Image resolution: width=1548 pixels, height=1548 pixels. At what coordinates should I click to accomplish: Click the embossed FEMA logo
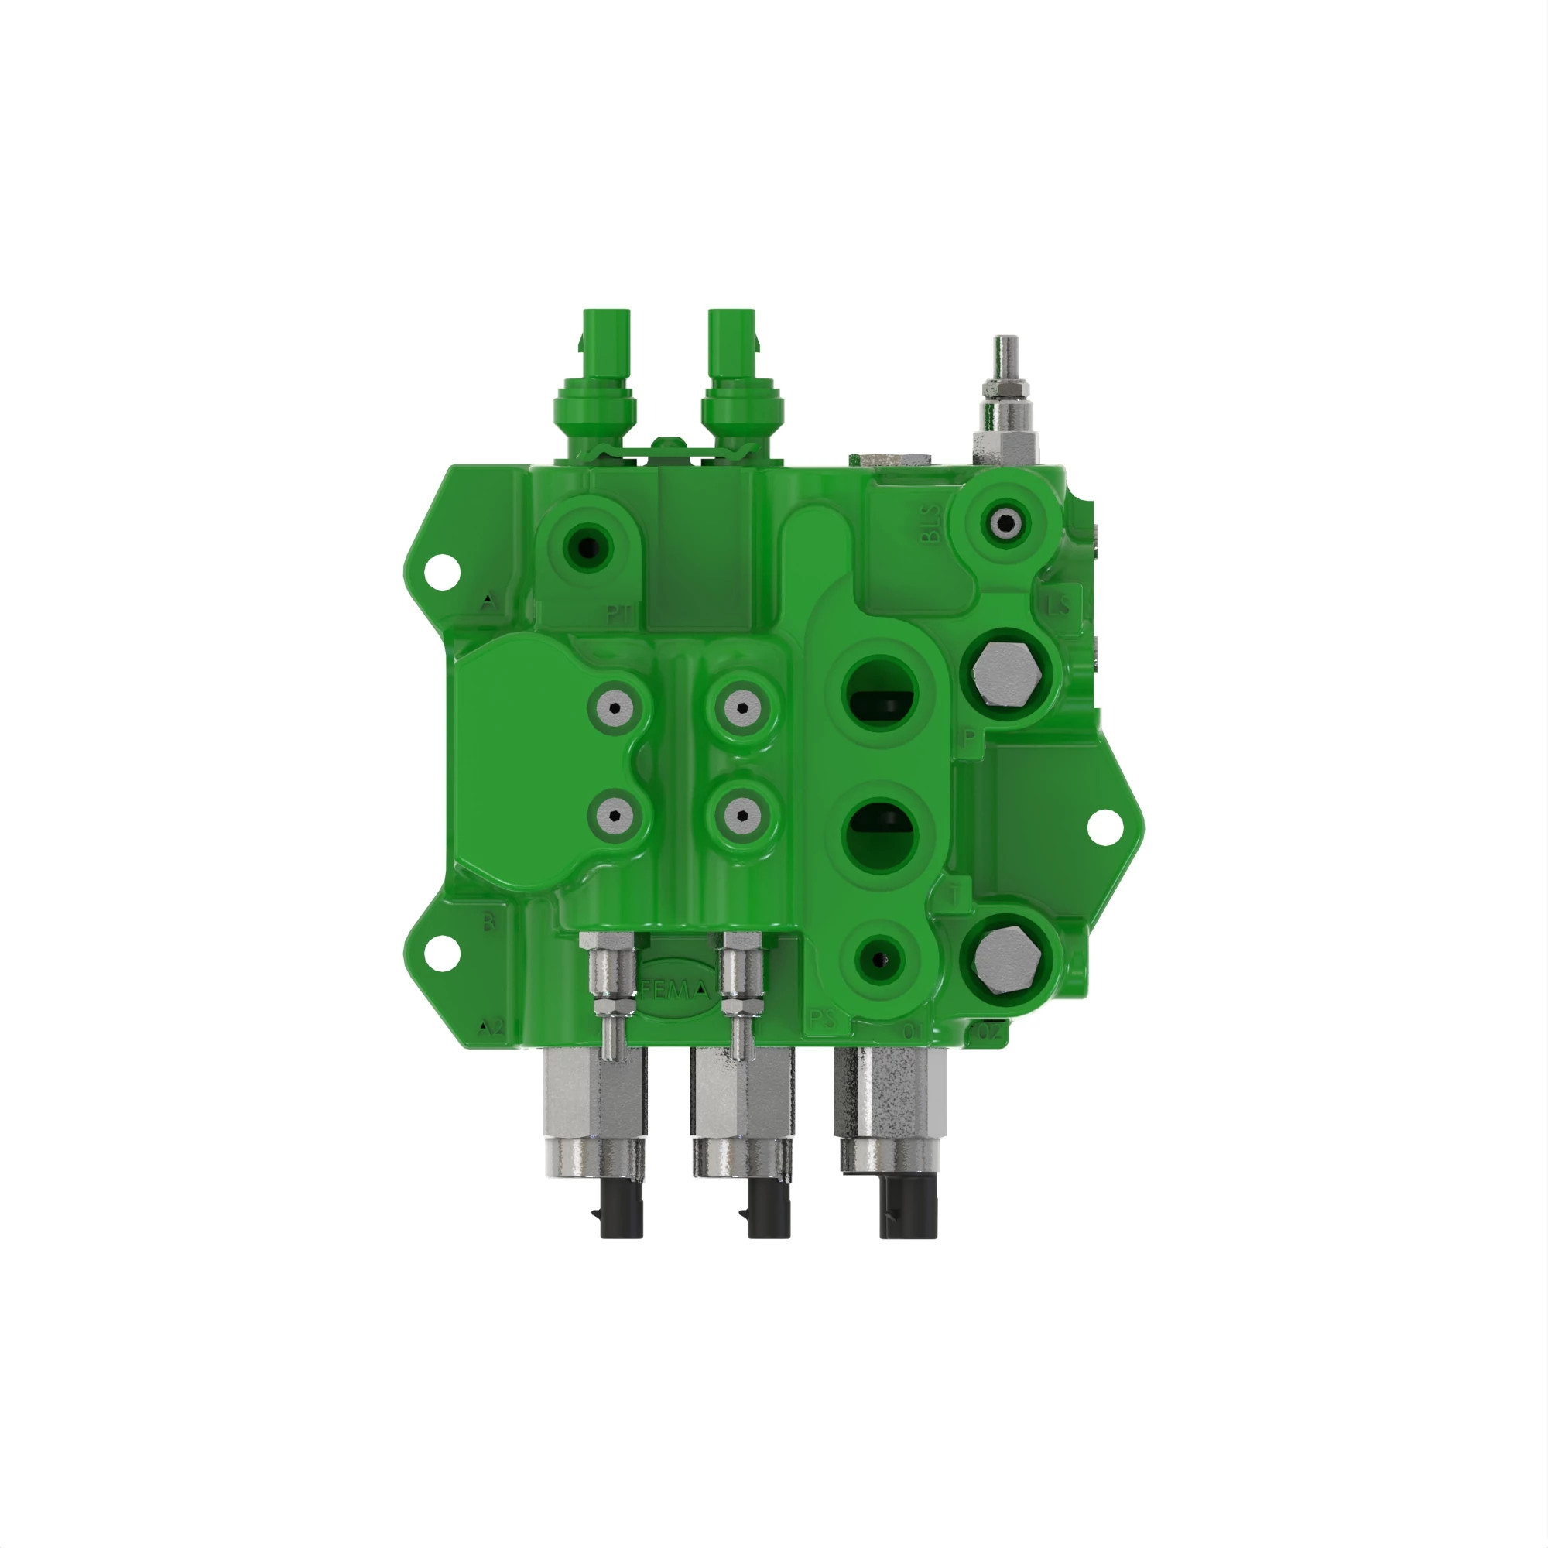(x=676, y=991)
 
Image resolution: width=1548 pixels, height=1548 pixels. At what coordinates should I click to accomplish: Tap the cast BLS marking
(x=930, y=523)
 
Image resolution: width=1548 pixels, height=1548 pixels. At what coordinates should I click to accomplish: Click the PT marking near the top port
(x=618, y=615)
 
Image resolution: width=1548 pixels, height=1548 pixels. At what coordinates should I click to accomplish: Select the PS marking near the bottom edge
(x=823, y=1019)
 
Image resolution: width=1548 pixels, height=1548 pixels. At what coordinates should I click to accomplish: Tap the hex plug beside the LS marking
(x=1006, y=674)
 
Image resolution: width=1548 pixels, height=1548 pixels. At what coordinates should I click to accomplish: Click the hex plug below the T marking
(x=1006, y=960)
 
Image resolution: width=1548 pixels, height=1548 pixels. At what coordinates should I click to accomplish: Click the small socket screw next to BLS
(x=1005, y=525)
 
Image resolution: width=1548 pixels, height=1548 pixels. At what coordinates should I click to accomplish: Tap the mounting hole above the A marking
(x=440, y=571)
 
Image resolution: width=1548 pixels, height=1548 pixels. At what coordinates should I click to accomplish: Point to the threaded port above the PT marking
(x=587, y=549)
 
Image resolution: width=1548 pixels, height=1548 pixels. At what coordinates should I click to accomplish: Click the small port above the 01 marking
(x=879, y=960)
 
